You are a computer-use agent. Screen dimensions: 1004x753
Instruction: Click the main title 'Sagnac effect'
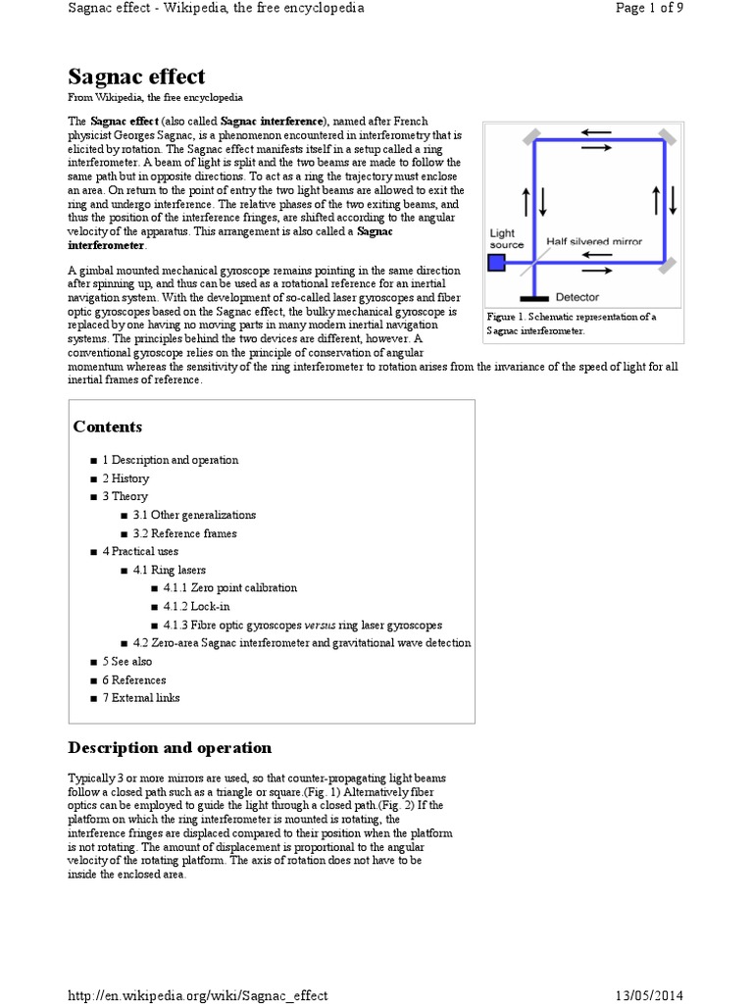click(136, 76)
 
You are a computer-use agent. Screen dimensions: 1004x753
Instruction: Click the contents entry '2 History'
click(125, 478)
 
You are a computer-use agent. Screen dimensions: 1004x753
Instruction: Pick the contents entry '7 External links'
click(141, 698)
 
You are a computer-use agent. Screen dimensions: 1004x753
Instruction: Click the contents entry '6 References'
click(134, 679)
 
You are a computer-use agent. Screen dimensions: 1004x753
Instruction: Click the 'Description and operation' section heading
click(170, 748)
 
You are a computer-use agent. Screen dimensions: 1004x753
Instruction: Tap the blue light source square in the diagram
click(497, 262)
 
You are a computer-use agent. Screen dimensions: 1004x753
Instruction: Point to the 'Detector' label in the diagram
click(577, 296)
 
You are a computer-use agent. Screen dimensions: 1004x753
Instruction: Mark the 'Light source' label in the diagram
click(507, 239)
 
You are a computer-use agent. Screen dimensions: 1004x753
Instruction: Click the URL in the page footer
click(197, 995)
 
